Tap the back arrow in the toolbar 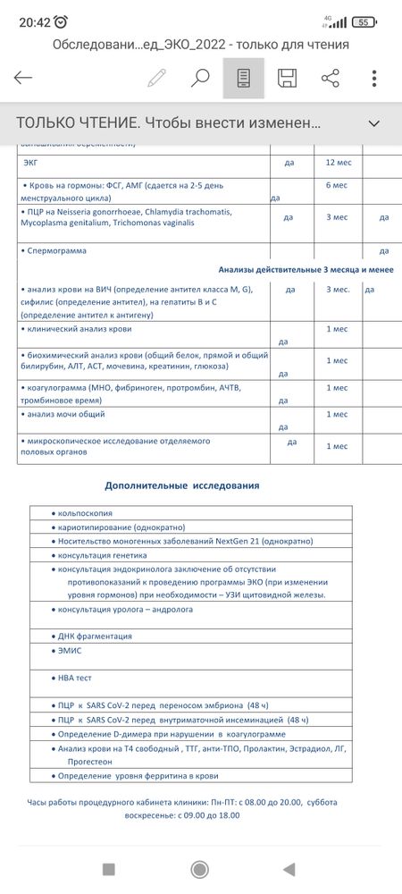coord(23,78)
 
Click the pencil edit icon coord(157,78)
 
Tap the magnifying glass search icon coord(200,78)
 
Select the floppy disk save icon coord(287,78)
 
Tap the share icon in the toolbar coord(331,78)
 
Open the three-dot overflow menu coord(374,78)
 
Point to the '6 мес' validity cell coord(337,185)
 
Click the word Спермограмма coord(56,251)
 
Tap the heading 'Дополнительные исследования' coord(182,485)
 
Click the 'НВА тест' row coord(74,678)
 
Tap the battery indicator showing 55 coord(363,22)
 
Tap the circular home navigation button coord(201,868)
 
